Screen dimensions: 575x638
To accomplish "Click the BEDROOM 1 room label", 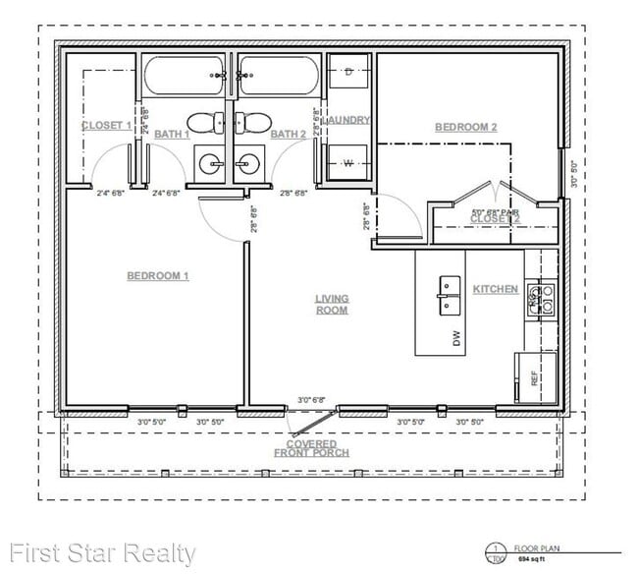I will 158,276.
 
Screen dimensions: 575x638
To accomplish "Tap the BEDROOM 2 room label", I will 465,127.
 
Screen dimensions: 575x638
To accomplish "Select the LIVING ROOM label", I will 331,305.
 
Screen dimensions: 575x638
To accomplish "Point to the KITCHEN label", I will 495,289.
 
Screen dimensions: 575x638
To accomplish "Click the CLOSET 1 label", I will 106,126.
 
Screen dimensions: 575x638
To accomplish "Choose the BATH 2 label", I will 288,134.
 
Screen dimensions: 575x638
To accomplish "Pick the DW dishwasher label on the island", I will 456,338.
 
